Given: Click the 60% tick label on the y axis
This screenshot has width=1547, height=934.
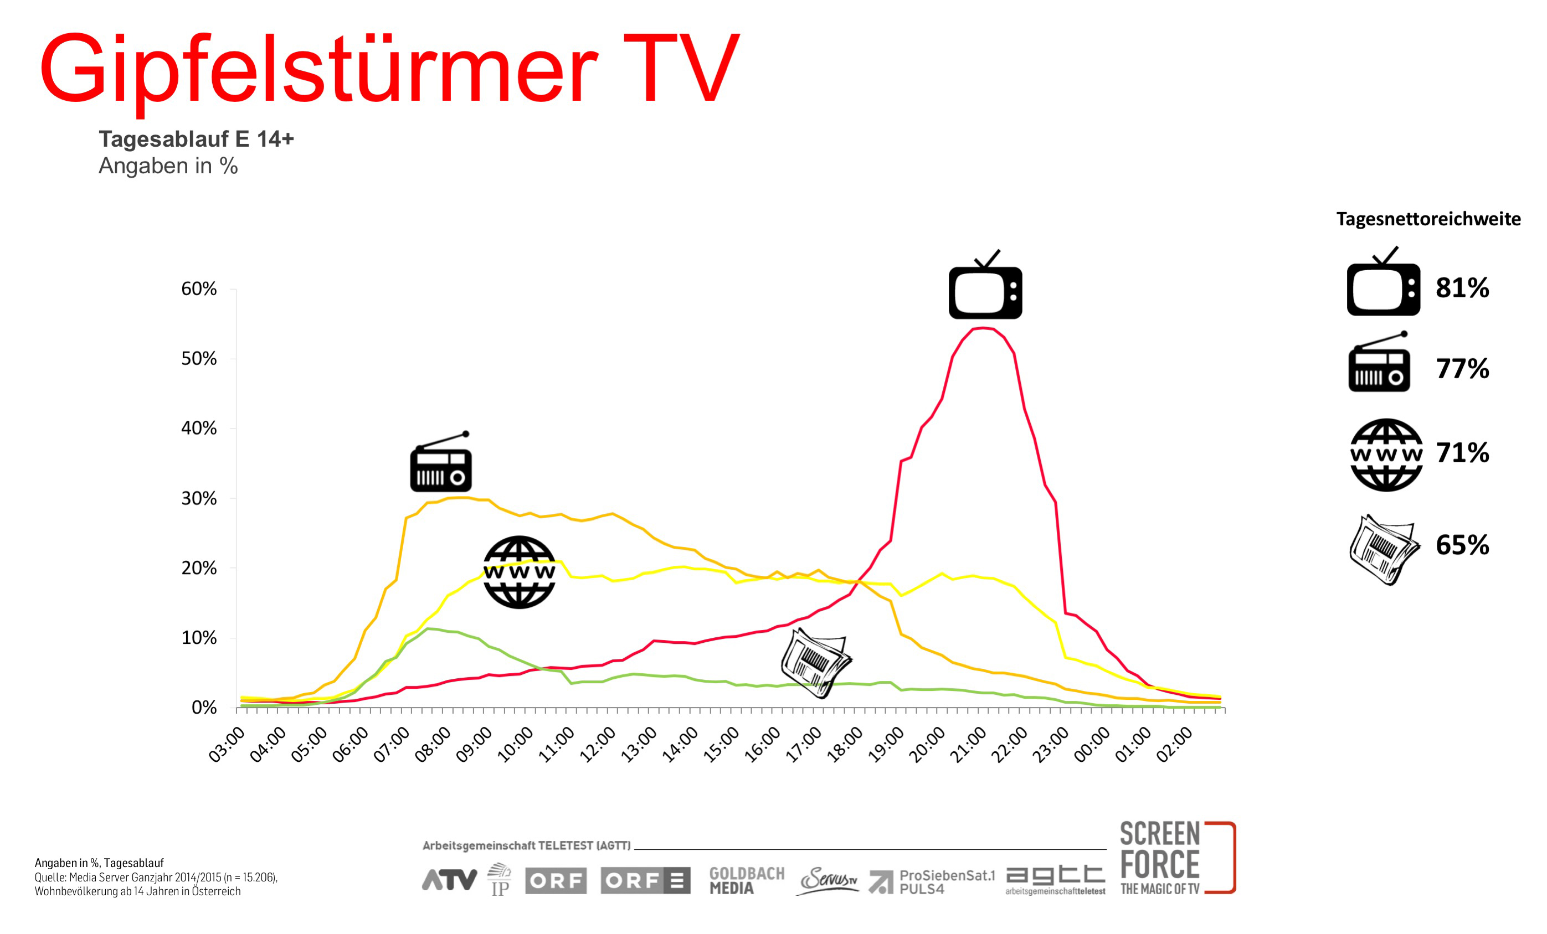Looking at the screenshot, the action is point(198,289).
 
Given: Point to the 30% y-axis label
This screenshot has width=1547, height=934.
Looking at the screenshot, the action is point(198,498).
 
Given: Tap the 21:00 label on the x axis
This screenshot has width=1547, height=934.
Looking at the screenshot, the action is point(970,745).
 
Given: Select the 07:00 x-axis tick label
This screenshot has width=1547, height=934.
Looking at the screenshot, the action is point(392,745).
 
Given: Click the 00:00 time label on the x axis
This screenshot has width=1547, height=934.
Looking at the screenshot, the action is point(1093,745).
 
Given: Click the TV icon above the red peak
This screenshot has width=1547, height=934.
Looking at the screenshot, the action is point(985,285).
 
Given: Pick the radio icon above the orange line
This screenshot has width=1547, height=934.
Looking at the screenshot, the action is point(441,461).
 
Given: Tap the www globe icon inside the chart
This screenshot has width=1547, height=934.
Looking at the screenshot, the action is point(519,572).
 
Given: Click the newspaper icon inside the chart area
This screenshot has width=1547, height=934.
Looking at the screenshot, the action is point(815,663).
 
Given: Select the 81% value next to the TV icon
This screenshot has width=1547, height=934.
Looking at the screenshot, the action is point(1462,287).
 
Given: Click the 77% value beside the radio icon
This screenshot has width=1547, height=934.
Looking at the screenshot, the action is point(1462,369).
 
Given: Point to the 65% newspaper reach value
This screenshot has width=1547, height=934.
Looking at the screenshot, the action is point(1462,545).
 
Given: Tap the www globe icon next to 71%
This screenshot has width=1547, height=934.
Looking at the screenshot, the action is point(1386,455).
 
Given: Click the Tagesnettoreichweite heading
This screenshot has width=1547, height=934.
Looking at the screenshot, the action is point(1428,219).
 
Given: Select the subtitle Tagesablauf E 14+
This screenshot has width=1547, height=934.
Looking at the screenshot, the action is point(196,139).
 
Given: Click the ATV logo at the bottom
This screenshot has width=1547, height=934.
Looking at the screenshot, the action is point(449,880).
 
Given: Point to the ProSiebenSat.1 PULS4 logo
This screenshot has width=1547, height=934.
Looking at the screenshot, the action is point(932,881).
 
